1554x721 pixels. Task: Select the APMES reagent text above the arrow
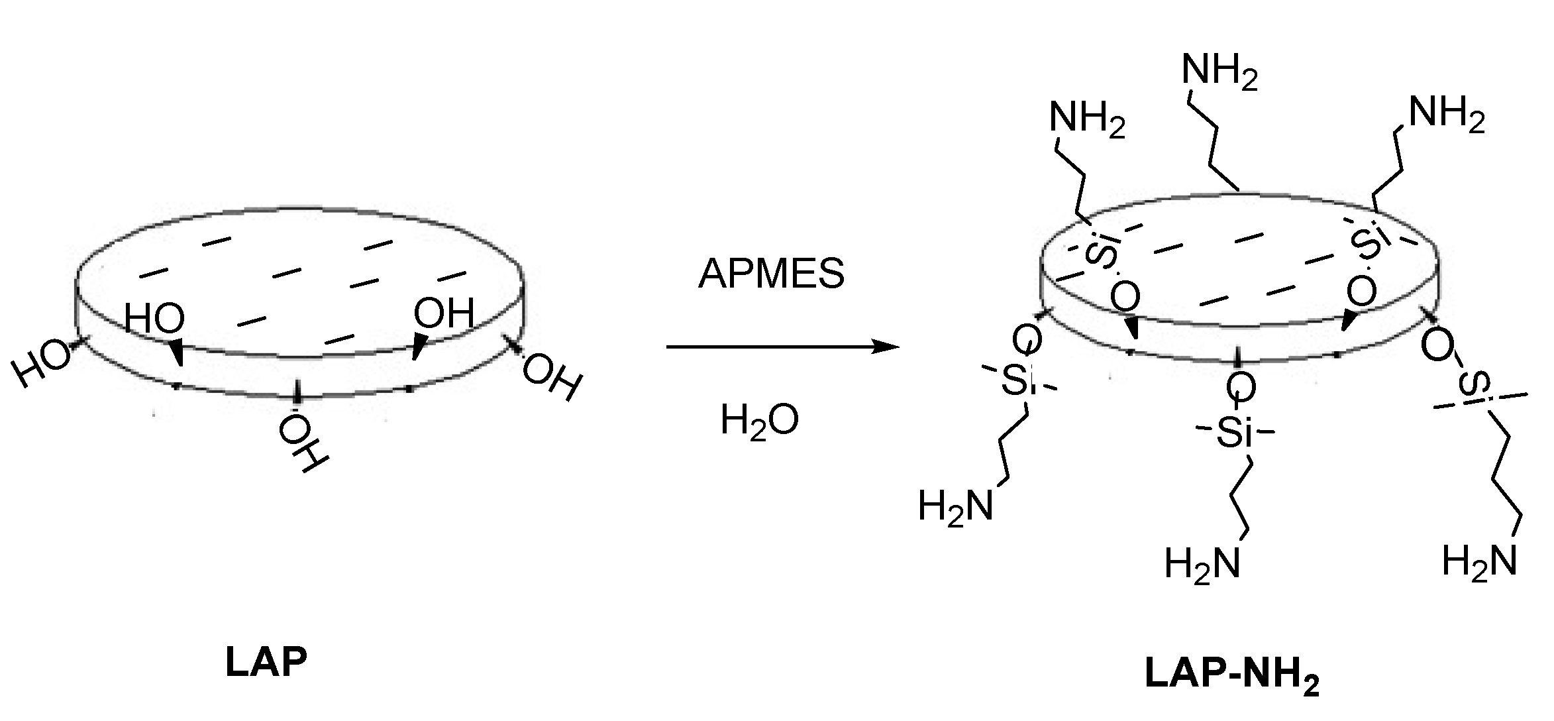coord(771,273)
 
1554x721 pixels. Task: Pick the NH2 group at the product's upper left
coord(1087,120)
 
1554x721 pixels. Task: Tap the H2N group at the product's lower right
coord(1479,562)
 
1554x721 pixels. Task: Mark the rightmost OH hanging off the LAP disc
coord(552,379)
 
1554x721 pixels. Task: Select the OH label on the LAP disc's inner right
coord(444,313)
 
